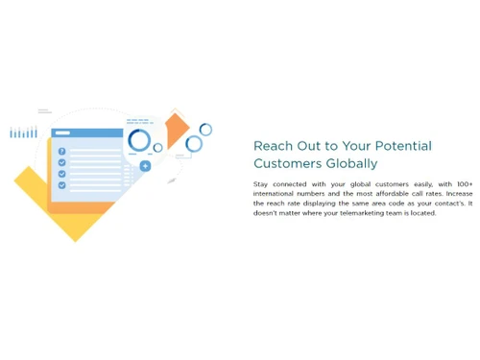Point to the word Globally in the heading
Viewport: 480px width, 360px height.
tap(352, 164)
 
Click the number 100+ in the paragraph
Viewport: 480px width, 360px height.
tap(464, 184)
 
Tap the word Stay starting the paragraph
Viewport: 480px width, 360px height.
tap(261, 184)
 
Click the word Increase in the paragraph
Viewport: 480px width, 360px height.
tap(459, 194)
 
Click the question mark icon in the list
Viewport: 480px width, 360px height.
tap(62, 152)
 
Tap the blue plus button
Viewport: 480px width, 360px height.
tap(145, 166)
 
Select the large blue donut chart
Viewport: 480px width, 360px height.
tap(139, 141)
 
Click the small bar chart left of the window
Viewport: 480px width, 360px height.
tap(23, 132)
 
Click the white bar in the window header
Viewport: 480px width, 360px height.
tap(63, 132)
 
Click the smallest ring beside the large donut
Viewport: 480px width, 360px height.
tap(158, 148)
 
